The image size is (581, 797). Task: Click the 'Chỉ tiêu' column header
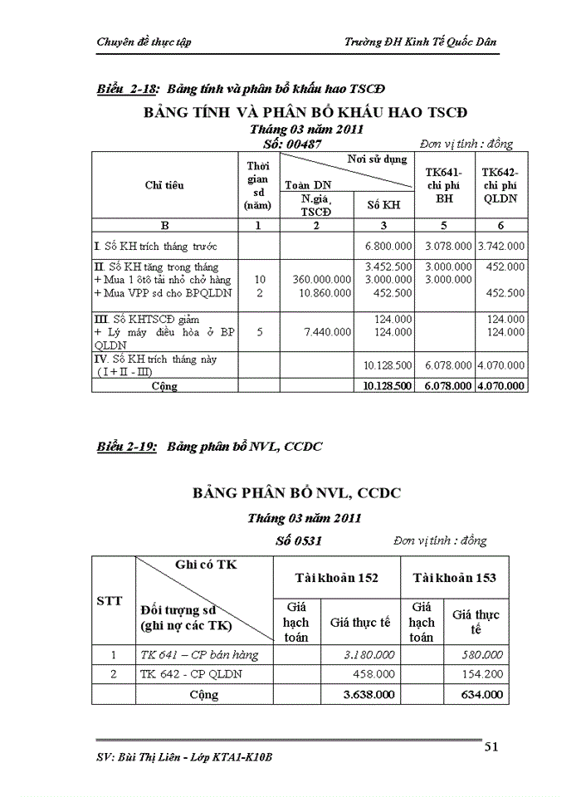coord(164,185)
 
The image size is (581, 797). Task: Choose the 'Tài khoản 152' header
coord(337,577)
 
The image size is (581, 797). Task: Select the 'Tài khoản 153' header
coord(454,577)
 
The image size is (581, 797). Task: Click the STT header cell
coord(110,600)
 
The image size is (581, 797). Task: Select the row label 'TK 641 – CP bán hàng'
coord(199,654)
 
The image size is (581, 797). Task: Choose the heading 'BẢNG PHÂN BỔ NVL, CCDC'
coord(296,492)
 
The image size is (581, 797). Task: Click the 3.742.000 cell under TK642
coord(500,246)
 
